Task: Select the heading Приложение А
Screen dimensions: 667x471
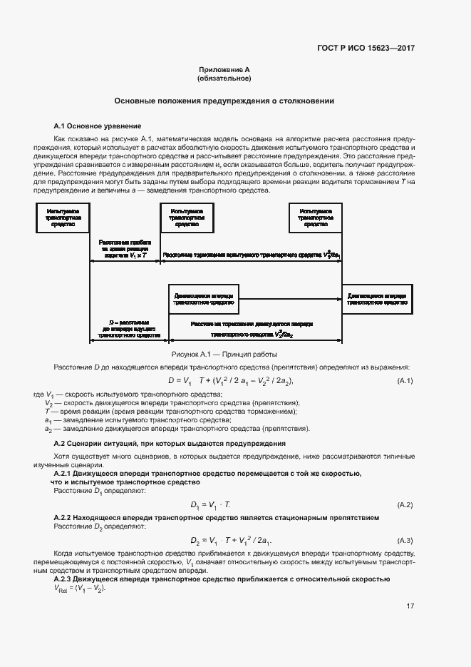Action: [224, 70]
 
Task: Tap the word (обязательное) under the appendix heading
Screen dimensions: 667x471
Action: [224, 78]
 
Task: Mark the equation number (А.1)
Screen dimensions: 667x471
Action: [405, 381]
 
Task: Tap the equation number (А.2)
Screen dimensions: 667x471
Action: [405, 505]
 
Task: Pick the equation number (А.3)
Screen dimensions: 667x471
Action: [405, 539]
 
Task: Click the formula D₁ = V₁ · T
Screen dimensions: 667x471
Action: [214, 505]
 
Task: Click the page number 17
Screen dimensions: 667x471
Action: [410, 606]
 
